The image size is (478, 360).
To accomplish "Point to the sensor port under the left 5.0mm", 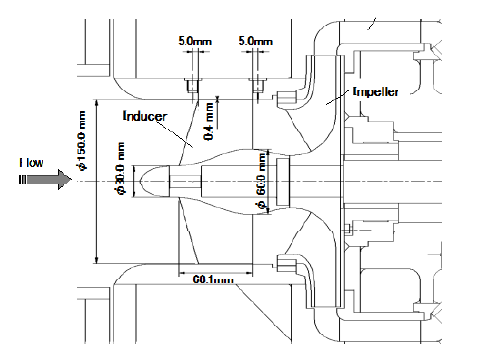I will (190, 87).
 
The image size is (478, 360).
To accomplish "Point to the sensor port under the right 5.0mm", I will (256, 87).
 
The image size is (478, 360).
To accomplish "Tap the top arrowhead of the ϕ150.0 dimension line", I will (95, 102).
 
